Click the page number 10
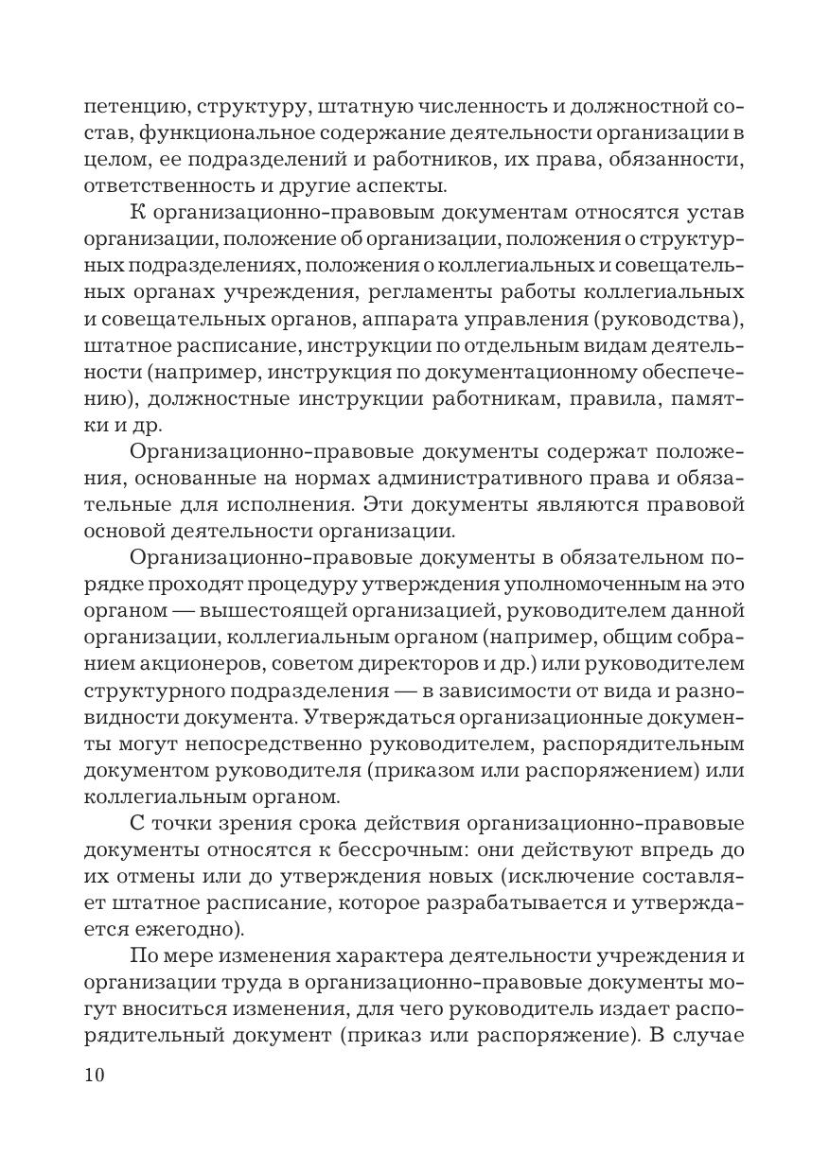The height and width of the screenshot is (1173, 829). (94, 1076)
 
